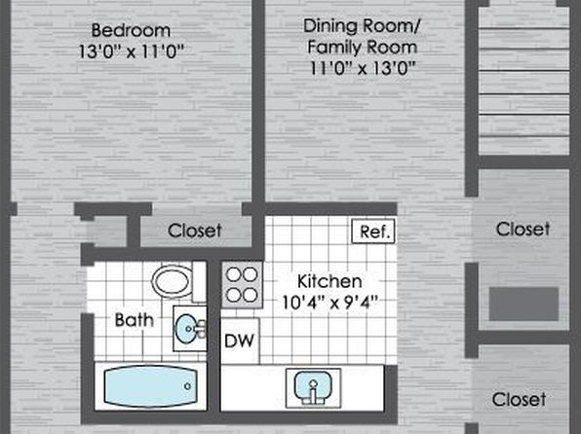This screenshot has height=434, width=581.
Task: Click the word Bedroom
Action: [x=132, y=30]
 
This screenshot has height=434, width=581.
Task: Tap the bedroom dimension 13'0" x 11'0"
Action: [x=132, y=52]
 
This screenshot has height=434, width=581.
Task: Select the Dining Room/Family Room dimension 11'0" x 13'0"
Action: [x=362, y=68]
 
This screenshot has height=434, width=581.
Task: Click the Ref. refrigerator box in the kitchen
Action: [x=373, y=232]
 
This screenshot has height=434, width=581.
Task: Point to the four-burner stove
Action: [x=242, y=285]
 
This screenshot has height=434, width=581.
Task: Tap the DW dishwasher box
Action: [x=240, y=341]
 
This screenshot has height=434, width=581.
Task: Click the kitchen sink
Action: [x=314, y=387]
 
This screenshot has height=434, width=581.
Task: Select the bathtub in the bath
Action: [x=150, y=386]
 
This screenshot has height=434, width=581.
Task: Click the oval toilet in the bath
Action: [x=173, y=281]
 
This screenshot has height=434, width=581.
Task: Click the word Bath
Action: [x=135, y=320]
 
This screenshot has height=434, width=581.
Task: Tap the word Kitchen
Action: [x=329, y=281]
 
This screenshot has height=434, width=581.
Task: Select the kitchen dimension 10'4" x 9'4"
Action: [x=329, y=303]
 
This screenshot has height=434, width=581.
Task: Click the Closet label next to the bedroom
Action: [x=195, y=231]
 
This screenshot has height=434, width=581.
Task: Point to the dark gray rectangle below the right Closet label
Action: [x=523, y=304]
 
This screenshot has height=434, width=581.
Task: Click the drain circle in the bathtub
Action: [x=187, y=386]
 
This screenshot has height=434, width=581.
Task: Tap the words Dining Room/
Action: [x=362, y=26]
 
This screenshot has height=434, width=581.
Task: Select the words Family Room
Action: [x=362, y=47]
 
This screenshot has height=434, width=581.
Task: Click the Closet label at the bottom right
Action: [x=519, y=400]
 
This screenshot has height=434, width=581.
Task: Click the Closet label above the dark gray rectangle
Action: [x=523, y=229]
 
